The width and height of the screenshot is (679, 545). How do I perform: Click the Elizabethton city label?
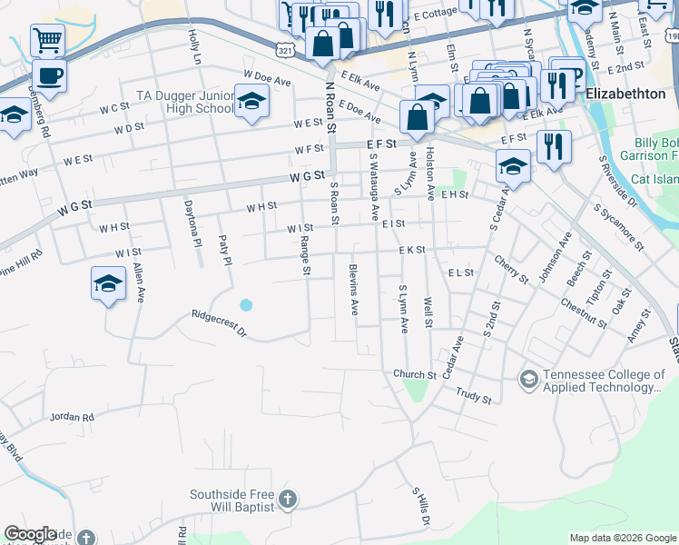tap(626, 94)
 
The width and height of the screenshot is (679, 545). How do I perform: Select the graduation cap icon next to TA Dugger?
tap(251, 102)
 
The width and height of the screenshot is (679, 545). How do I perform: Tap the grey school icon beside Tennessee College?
tap(528, 376)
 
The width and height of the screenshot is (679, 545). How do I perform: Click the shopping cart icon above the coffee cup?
tap(47, 40)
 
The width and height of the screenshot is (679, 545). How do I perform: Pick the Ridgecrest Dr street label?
tap(219, 324)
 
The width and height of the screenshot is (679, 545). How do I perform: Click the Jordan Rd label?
tap(73, 416)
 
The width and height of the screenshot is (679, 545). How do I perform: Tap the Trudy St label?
tap(473, 398)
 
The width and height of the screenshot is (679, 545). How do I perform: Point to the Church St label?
tap(416, 373)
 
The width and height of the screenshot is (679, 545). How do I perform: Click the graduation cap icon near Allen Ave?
tap(108, 283)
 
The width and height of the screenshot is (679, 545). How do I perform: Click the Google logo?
tap(30, 534)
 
